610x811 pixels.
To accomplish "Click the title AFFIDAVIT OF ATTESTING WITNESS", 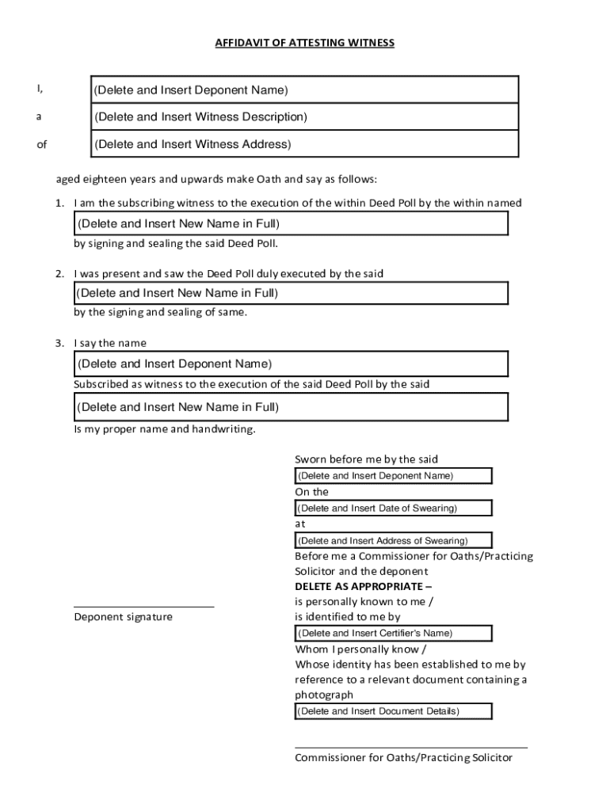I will click(x=304, y=43).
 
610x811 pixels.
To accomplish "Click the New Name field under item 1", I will click(x=290, y=223).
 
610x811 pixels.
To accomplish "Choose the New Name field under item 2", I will click(x=290, y=293).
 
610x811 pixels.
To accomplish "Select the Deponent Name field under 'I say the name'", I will click(x=290, y=364).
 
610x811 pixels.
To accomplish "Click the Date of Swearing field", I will click(x=393, y=508).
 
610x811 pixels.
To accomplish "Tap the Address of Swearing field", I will click(x=393, y=541).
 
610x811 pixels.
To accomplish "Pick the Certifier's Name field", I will click(x=393, y=633).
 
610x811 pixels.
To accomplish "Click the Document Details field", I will click(x=393, y=711).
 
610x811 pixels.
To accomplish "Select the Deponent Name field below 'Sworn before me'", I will click(x=393, y=476).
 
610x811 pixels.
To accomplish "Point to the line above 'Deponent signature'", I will click(x=143, y=607).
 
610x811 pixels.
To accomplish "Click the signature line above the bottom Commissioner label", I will click(x=410, y=747).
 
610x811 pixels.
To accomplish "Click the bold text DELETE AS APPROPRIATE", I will click(x=363, y=586).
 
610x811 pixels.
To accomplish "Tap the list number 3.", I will click(x=59, y=343).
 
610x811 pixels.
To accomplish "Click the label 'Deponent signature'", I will click(x=123, y=617).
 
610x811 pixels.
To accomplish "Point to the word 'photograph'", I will click(x=324, y=695).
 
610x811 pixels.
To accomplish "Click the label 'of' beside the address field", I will click(x=41, y=144).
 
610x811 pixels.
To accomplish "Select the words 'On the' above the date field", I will click(x=311, y=492).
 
